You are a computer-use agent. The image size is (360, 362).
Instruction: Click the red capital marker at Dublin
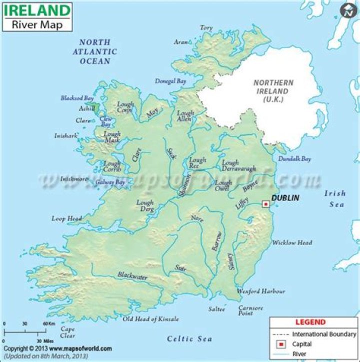click(265, 204)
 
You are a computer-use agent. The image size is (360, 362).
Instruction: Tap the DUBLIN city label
click(285, 198)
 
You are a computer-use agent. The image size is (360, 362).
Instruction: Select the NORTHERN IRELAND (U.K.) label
click(273, 91)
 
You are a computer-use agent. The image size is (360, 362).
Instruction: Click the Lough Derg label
click(145, 206)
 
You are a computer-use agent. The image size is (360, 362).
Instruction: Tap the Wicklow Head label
click(292, 243)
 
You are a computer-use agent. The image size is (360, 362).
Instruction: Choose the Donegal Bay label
click(170, 80)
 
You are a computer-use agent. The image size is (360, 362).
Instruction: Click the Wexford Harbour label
click(260, 291)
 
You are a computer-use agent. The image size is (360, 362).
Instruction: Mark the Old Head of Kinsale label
click(150, 319)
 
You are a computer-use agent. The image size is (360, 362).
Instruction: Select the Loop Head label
click(66, 218)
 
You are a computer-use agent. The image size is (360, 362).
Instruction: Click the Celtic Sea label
click(189, 339)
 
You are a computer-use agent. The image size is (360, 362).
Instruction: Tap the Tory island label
click(206, 28)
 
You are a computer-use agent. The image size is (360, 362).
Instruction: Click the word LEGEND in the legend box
click(310, 323)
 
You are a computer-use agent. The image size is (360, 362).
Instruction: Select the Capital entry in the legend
click(302, 344)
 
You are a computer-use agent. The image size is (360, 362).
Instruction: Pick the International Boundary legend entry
click(324, 334)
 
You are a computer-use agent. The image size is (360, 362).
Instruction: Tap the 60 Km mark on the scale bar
click(48, 324)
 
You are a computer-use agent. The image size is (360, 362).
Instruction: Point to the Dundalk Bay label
click(294, 159)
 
